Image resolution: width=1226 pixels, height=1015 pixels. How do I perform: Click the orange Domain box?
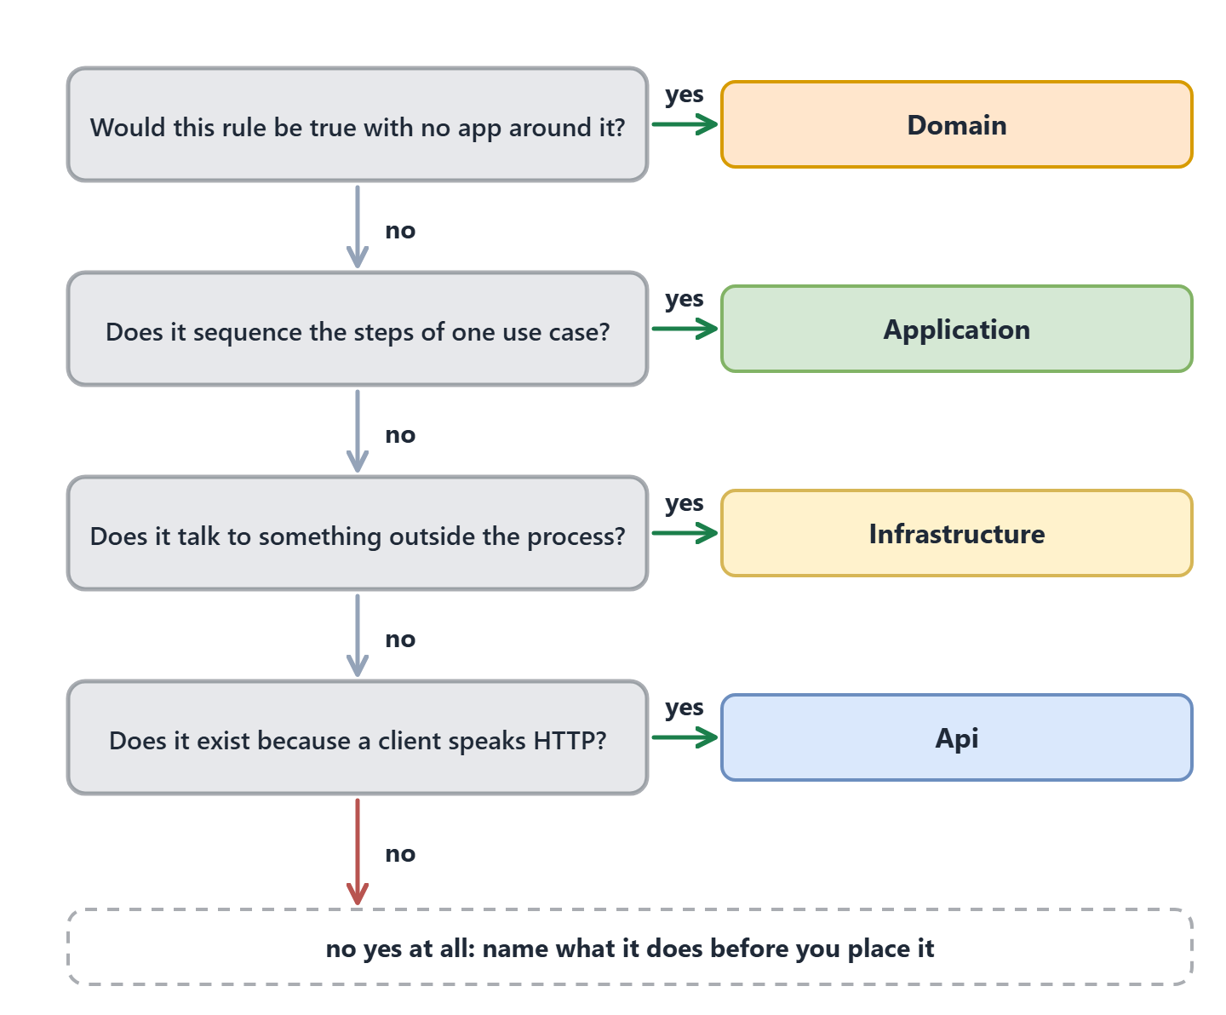click(956, 124)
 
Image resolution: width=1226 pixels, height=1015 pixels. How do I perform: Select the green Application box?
click(956, 329)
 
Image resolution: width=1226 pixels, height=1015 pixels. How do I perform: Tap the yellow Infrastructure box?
click(956, 533)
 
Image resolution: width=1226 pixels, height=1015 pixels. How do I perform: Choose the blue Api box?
click(956, 737)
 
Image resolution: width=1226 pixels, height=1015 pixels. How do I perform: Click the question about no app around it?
click(358, 124)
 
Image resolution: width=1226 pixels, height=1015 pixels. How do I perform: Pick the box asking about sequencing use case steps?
click(358, 329)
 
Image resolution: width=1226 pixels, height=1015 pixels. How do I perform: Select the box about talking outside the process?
click(358, 533)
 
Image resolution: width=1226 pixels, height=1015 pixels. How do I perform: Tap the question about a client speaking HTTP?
click(358, 737)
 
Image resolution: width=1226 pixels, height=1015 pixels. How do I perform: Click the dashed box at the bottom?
click(630, 947)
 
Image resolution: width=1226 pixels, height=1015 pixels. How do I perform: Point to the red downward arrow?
click(358, 852)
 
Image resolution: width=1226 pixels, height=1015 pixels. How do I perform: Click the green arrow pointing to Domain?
click(685, 124)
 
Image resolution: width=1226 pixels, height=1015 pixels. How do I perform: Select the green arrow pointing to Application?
click(685, 329)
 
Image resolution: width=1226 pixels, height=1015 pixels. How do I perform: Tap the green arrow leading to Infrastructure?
click(685, 533)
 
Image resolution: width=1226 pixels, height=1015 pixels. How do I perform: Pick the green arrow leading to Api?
click(685, 737)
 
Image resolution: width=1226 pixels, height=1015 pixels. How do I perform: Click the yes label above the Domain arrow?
click(684, 95)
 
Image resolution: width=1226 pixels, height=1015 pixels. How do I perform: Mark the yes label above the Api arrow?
click(684, 708)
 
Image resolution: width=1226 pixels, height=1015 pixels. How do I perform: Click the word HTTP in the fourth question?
click(570, 741)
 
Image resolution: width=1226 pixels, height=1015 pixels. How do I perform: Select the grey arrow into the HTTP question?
click(358, 635)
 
